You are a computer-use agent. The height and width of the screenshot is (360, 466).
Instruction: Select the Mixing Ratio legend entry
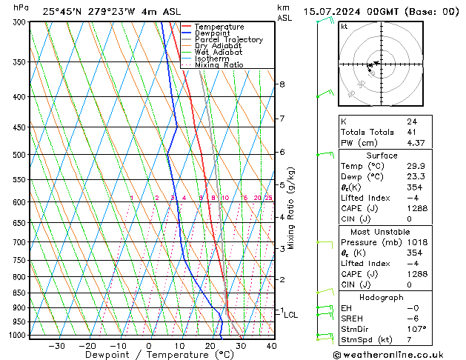218,65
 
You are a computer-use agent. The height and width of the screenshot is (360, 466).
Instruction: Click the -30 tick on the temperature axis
56,346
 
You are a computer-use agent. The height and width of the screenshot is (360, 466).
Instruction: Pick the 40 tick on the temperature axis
271,346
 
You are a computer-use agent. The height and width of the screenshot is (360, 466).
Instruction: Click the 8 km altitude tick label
282,84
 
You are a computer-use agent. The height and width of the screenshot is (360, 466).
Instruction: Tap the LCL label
290,315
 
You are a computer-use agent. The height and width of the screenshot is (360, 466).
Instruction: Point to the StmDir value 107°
416,329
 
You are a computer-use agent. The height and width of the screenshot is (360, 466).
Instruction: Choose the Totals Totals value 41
412,132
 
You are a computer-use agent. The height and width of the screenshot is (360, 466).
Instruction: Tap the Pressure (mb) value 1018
416,242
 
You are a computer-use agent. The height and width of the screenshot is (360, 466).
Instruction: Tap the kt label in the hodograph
344,26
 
